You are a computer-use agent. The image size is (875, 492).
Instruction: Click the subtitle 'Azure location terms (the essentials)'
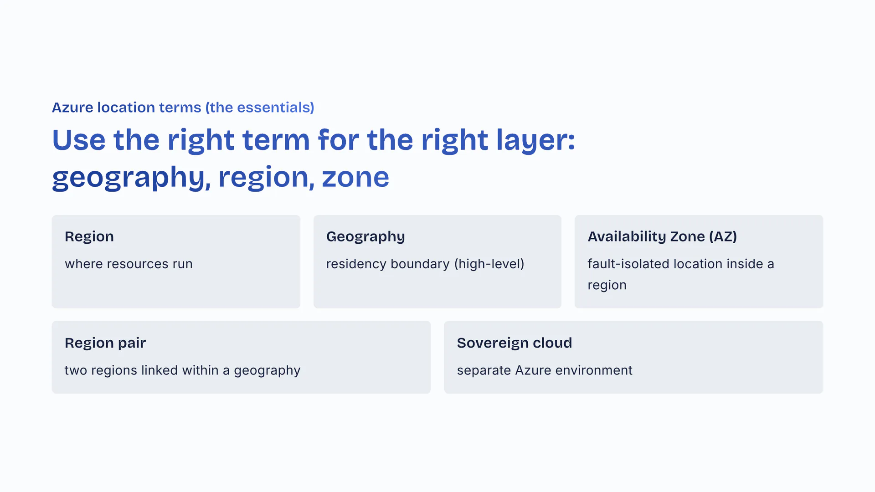183,108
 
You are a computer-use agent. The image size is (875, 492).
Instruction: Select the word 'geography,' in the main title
131,178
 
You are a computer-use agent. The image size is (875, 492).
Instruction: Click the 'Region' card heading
89,236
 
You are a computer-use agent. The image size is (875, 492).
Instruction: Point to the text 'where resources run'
129,264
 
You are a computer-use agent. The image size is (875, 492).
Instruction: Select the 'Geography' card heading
365,237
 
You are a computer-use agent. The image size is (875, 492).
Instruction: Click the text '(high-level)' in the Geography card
489,264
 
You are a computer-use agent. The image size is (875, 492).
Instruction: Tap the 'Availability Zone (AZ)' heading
662,236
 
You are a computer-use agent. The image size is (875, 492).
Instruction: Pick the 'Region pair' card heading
105,343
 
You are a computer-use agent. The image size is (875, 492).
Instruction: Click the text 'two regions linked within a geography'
182,370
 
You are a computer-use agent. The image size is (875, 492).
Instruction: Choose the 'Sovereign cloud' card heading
515,343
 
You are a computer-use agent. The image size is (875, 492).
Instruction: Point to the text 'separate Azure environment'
545,370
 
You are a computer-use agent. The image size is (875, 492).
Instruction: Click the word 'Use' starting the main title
79,140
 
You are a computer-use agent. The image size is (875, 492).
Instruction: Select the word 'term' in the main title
276,140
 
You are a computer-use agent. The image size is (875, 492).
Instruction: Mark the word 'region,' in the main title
266,178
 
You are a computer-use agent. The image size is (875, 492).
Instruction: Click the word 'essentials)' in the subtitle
275,108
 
